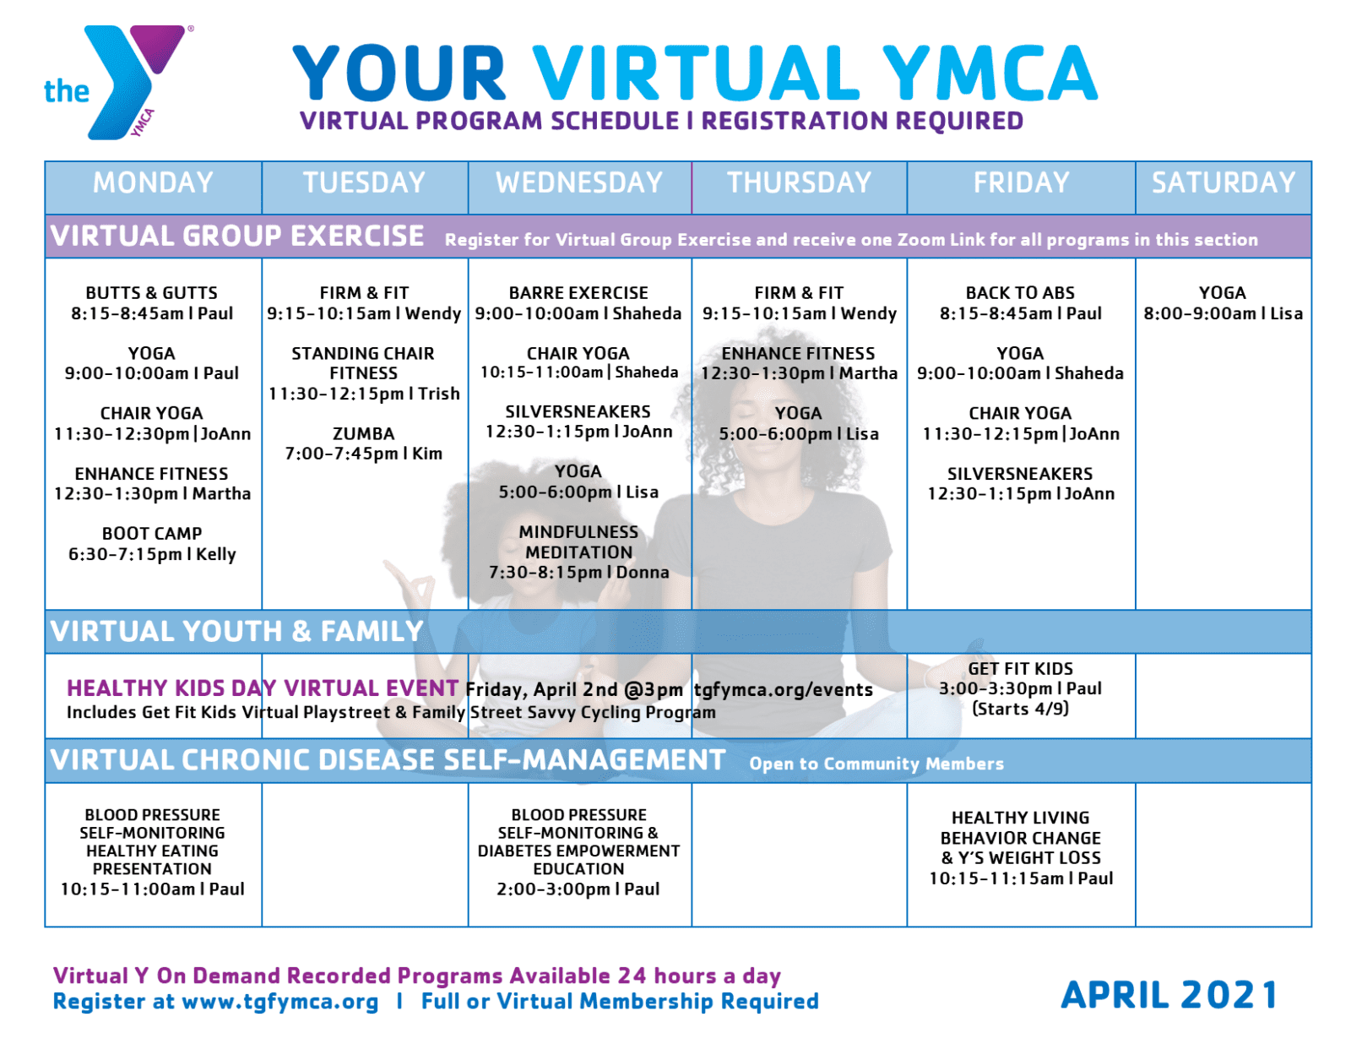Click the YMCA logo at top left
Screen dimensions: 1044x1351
[x=118, y=82]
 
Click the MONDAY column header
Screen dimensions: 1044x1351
[x=153, y=183]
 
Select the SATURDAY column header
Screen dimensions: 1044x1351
[x=1223, y=183]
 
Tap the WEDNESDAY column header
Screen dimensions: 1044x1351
[x=579, y=183]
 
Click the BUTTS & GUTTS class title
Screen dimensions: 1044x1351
[x=152, y=293]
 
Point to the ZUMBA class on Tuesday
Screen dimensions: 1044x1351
[x=364, y=433]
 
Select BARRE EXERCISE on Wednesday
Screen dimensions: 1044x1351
[x=578, y=293]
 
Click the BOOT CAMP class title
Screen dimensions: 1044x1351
[x=152, y=534]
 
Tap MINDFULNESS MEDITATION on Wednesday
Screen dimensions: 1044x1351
[x=578, y=542]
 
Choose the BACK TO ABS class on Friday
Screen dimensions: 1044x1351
[x=1020, y=293]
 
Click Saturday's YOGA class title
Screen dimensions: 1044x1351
[x=1222, y=293]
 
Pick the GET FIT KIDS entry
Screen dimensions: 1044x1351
[x=1020, y=669]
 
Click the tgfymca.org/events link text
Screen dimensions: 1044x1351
[x=784, y=690]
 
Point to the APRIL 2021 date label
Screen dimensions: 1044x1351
[x=1169, y=995]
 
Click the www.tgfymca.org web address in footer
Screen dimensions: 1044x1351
[x=280, y=1002]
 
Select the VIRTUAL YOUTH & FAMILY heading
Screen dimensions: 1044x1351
[x=236, y=632]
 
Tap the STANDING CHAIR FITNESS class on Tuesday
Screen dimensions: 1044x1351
[x=363, y=363]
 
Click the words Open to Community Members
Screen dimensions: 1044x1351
[x=876, y=764]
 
